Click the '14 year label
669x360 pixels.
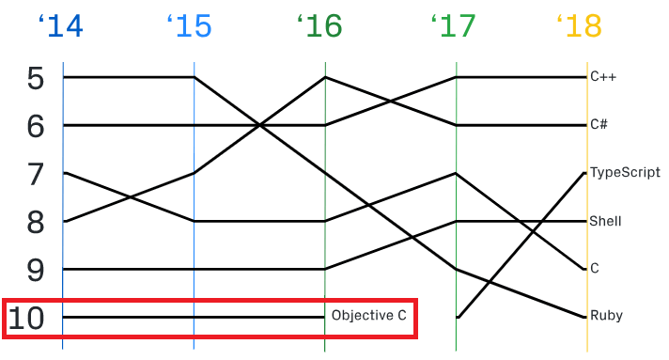(60, 26)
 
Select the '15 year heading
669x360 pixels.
(190, 26)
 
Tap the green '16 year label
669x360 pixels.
(319, 26)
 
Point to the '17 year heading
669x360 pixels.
(453, 26)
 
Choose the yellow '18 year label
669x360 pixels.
(580, 26)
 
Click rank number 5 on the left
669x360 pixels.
(36, 79)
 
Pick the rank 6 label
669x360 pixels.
(36, 127)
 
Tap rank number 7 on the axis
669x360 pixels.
(36, 175)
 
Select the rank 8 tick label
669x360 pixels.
(36, 223)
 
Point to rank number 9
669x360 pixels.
(36, 271)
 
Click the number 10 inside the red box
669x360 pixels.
(26, 319)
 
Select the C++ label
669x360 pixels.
(603, 77)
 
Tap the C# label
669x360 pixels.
(599, 125)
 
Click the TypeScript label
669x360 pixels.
(625, 173)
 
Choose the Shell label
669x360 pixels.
(605, 221)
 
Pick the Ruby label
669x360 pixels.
(606, 316)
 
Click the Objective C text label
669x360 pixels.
(369, 316)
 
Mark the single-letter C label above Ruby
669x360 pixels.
(595, 269)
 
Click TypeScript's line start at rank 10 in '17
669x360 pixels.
(457, 318)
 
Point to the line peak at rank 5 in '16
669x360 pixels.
(325, 77)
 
